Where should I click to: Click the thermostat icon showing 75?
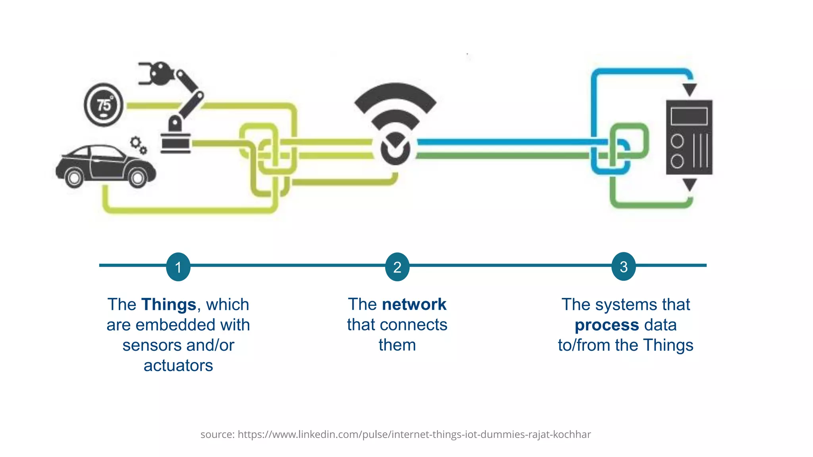[x=104, y=105]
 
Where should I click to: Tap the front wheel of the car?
[x=138, y=178]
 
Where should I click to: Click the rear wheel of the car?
[x=74, y=178]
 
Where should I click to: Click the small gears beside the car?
[x=139, y=145]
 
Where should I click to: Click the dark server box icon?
[x=689, y=137]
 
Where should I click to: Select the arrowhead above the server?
[x=690, y=89]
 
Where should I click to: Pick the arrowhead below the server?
[x=690, y=184]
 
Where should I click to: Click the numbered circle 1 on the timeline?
[x=178, y=267]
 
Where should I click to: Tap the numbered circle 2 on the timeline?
[x=397, y=267]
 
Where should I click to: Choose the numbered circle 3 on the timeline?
[x=624, y=267]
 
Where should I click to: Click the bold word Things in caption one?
[x=169, y=305]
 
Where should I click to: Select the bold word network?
[x=414, y=304]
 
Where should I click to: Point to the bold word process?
[x=607, y=325]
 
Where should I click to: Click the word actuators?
[x=178, y=365]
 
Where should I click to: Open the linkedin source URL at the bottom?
[x=414, y=434]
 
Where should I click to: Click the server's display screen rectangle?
[x=689, y=116]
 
